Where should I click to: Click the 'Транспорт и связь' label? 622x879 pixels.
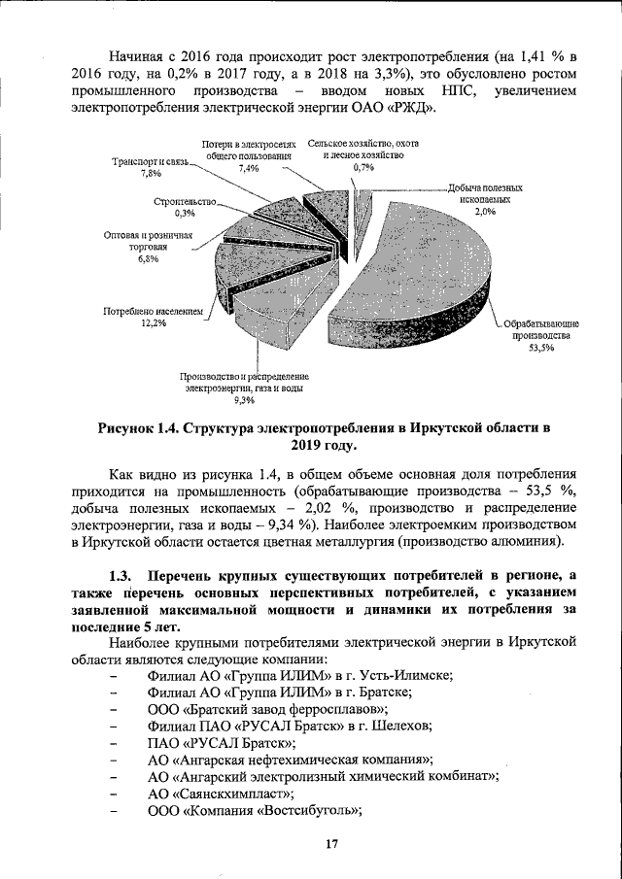point(151,161)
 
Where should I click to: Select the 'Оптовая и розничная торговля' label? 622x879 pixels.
point(149,242)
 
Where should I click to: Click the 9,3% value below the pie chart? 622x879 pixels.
point(244,399)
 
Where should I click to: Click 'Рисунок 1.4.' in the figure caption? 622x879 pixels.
point(145,426)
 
